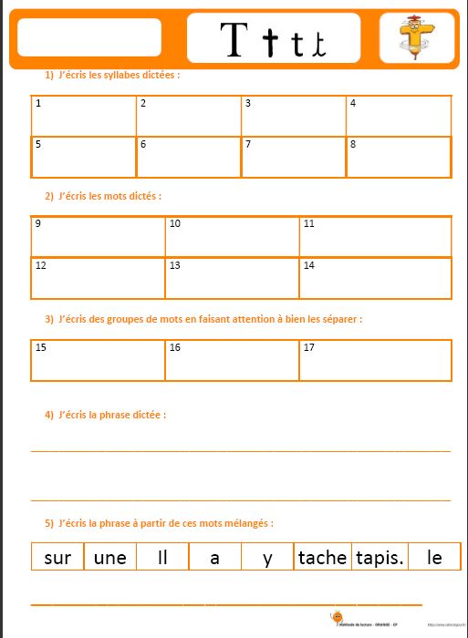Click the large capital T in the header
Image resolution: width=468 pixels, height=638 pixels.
click(x=234, y=39)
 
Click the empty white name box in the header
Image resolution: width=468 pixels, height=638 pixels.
click(x=89, y=38)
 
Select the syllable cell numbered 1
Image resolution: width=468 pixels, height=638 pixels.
click(x=83, y=116)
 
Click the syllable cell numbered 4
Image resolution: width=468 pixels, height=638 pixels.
click(x=399, y=116)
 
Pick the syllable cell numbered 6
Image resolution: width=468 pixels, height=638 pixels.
click(x=188, y=157)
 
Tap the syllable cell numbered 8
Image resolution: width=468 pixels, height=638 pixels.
click(x=399, y=157)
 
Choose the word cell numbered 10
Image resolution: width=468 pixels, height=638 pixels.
click(x=232, y=237)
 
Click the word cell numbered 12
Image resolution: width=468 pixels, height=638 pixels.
click(x=98, y=278)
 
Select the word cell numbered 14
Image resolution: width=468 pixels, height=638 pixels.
click(x=375, y=278)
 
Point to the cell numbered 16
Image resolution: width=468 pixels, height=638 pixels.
click(x=232, y=360)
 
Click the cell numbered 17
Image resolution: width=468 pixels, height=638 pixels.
click(x=375, y=360)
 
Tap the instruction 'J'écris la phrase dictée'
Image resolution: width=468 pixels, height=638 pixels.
click(x=111, y=415)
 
